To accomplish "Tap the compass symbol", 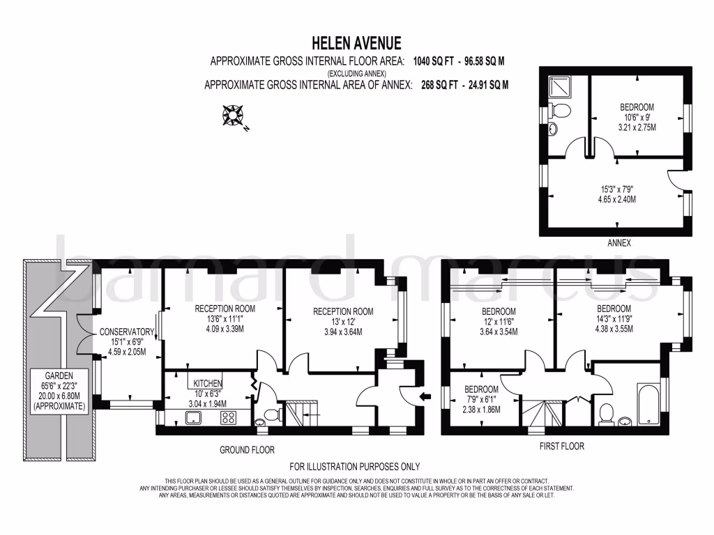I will (x=231, y=115).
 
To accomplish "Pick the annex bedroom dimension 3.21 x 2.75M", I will (x=637, y=127).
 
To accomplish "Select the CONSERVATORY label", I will (x=126, y=332).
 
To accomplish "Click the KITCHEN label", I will (x=208, y=383).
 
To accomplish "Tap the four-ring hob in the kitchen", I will (x=228, y=417).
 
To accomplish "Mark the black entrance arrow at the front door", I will (x=427, y=396).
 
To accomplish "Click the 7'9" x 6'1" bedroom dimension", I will (x=480, y=400).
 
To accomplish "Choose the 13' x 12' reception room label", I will (x=342, y=322).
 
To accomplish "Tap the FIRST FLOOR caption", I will (x=562, y=446).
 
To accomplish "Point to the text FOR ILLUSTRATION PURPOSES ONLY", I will (x=355, y=467).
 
